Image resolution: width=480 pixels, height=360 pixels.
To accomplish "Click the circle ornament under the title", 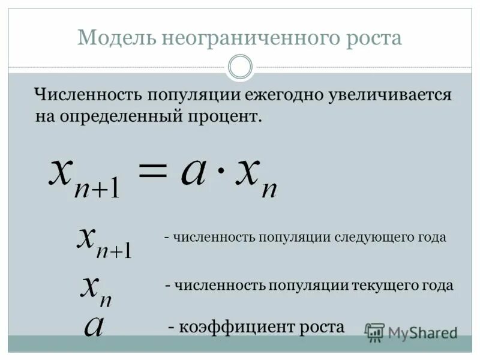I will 241,67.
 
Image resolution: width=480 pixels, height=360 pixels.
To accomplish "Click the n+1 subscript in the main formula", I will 98,190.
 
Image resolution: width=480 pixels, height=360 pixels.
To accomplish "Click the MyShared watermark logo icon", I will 375,332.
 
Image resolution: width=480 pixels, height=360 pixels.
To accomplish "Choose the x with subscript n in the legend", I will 96,289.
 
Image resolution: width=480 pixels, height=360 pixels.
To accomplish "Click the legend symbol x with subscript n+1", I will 103,241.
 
